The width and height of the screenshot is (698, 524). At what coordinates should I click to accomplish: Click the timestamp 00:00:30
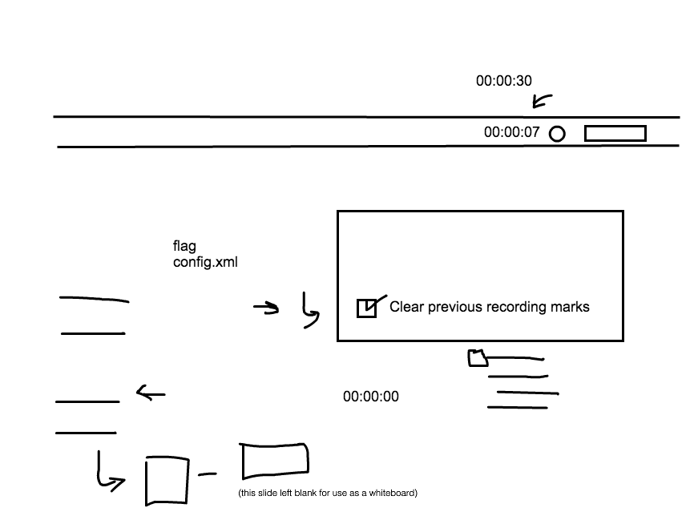503,81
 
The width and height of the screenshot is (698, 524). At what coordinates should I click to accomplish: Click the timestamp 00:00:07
511,133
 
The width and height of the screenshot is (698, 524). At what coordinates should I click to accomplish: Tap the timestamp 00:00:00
370,397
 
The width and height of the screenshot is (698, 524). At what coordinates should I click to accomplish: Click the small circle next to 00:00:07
557,134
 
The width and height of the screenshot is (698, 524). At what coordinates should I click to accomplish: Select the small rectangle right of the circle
615,134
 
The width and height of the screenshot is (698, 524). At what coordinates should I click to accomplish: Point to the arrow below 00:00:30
542,101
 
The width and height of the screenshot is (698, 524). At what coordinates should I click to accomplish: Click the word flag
184,246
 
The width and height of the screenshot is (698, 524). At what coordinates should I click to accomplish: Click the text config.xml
205,262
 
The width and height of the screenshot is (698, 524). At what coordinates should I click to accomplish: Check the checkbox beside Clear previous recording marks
366,308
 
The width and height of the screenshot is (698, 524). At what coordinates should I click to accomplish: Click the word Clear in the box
405,307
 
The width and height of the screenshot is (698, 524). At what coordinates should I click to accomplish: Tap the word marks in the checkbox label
571,307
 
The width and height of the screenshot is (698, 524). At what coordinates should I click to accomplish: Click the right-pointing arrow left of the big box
266,307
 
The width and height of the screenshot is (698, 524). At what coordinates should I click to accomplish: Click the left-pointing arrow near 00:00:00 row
150,393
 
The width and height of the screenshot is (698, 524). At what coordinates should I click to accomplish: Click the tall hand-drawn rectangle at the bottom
166,481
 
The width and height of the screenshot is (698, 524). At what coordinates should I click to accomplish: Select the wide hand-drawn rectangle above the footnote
274,462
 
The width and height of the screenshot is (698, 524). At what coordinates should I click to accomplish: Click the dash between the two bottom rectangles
208,475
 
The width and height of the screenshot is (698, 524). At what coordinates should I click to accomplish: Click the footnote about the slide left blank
328,494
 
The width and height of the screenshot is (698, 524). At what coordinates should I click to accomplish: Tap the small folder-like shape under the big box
478,358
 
